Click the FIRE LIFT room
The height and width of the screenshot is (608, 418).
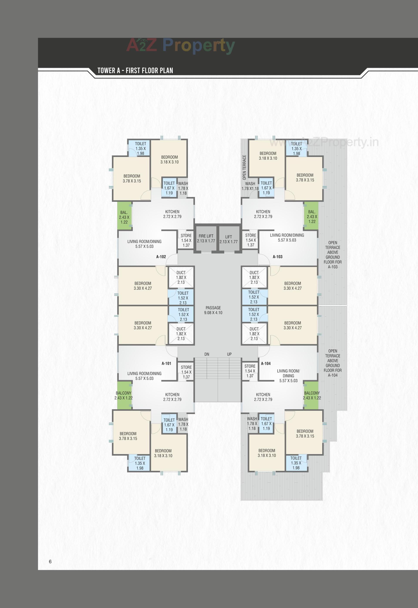pyautogui.click(x=206, y=238)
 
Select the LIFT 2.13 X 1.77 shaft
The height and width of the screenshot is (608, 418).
pyautogui.click(x=228, y=239)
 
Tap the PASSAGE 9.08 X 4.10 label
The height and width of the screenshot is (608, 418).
pyautogui.click(x=213, y=310)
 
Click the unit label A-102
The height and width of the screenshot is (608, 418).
pyautogui.click(x=161, y=257)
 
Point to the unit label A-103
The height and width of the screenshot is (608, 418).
pyautogui.click(x=278, y=257)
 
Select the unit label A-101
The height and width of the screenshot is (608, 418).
pyautogui.click(x=166, y=364)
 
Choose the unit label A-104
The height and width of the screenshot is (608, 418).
pyautogui.click(x=266, y=364)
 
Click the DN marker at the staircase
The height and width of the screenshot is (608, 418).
pyautogui.click(x=207, y=354)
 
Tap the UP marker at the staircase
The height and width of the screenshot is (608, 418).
pyautogui.click(x=229, y=354)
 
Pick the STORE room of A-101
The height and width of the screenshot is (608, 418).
pyautogui.click(x=186, y=372)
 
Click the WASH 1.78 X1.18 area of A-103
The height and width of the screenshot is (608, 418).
pyautogui.click(x=250, y=186)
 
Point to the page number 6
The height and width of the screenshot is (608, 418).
pyautogui.click(x=50, y=561)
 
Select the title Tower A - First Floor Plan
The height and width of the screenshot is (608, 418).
pyautogui.click(x=135, y=71)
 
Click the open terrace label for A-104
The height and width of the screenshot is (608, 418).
pyautogui.click(x=333, y=363)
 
